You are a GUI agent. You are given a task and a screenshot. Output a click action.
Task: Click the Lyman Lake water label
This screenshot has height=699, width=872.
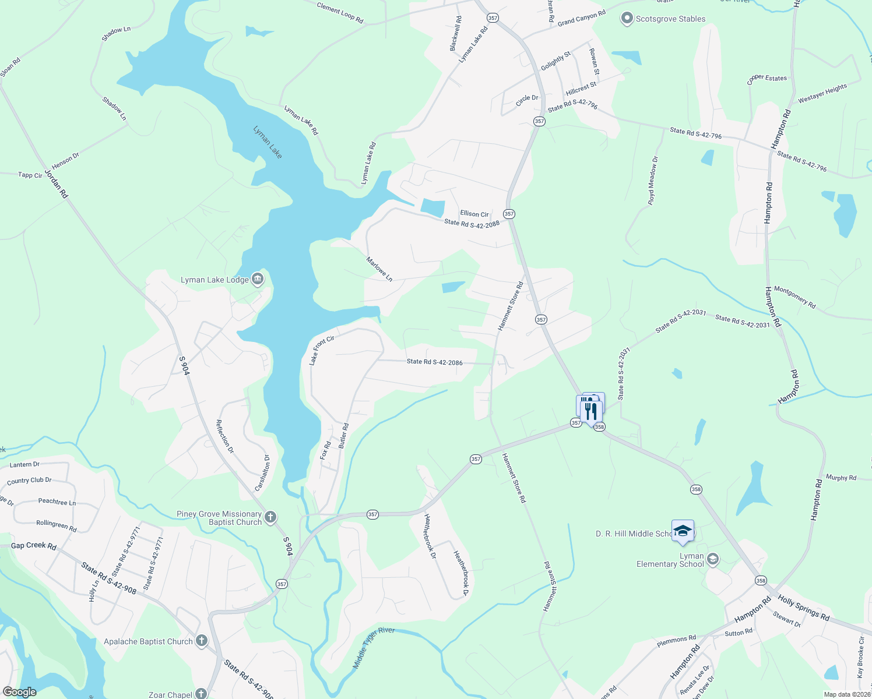click(268, 142)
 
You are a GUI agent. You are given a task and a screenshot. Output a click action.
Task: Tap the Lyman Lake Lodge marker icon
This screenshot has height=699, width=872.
click(258, 280)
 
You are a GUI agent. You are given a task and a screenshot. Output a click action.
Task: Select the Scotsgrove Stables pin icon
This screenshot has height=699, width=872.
click(627, 19)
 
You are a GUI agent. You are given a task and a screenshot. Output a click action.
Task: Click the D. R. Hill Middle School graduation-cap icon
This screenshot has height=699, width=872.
click(683, 531)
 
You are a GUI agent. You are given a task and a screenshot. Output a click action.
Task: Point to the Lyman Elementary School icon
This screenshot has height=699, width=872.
click(712, 560)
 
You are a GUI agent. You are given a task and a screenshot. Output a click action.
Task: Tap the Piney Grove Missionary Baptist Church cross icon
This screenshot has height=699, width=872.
click(270, 517)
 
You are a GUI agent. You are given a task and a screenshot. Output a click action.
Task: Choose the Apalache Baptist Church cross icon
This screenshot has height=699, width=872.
click(201, 641)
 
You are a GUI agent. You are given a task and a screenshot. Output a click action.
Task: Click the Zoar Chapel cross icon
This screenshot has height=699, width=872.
click(201, 694)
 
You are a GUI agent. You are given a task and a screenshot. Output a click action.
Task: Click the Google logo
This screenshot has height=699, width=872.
click(19, 692)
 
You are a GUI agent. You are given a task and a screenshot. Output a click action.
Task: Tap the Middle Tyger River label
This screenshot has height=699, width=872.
click(374, 648)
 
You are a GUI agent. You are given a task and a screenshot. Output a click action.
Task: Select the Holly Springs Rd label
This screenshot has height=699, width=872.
click(803, 608)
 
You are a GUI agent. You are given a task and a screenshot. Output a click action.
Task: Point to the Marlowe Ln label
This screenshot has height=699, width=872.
click(379, 269)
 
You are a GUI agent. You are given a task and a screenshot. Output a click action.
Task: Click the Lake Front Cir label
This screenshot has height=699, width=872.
click(321, 350)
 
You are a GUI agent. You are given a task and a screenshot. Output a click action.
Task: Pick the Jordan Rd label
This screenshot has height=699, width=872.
click(57, 183)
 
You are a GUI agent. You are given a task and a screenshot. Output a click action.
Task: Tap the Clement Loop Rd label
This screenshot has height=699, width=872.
click(340, 12)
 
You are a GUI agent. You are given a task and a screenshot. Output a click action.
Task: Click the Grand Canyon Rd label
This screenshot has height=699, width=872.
click(581, 19)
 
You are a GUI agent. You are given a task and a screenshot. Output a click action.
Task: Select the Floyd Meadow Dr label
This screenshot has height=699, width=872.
click(653, 181)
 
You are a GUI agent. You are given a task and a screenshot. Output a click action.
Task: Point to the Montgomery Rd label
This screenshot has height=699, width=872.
click(794, 297)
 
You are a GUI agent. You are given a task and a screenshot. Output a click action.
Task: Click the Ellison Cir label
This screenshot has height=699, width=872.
click(474, 214)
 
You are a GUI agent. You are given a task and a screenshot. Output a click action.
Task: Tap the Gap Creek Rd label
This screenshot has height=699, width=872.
click(34, 546)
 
